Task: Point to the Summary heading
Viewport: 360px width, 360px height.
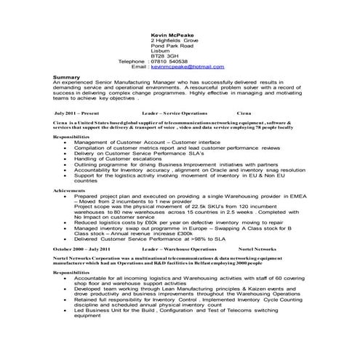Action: (x=66, y=76)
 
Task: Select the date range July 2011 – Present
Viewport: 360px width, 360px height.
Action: (x=76, y=114)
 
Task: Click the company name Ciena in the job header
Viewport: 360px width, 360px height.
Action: (x=245, y=114)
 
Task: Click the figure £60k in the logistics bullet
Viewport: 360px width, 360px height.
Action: (x=151, y=222)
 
